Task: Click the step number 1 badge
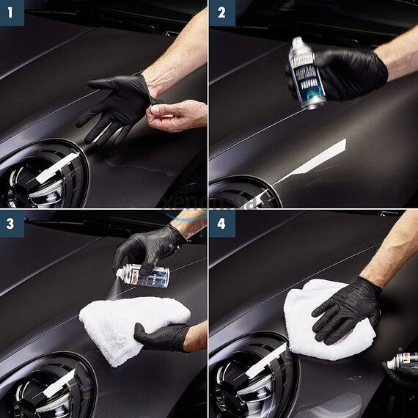click(x=12, y=12)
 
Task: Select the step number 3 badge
click(x=12, y=223)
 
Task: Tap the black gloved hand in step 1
click(x=117, y=106)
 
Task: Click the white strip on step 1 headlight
click(x=56, y=168)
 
